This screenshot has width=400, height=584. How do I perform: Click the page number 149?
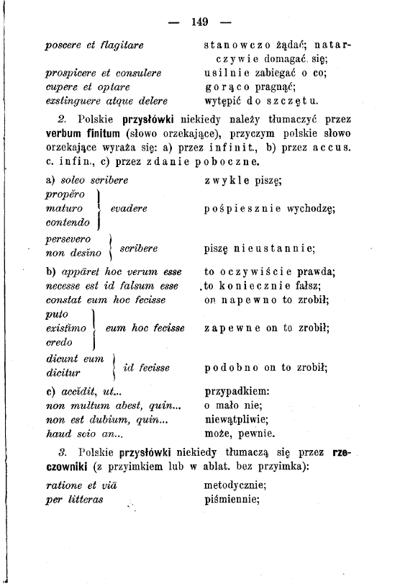(x=200, y=22)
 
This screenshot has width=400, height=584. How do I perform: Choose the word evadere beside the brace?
(x=130, y=208)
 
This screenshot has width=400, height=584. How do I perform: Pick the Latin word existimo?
(x=65, y=328)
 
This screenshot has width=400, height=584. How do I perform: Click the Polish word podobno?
(x=229, y=367)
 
